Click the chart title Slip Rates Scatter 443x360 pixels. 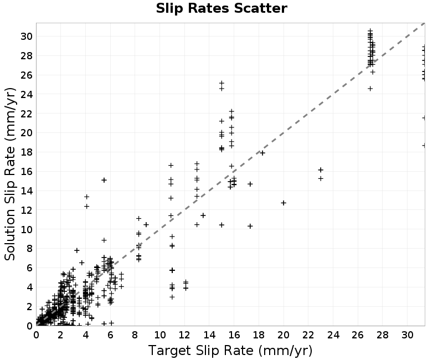(x=221, y=8)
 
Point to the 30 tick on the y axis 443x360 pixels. (x=27, y=37)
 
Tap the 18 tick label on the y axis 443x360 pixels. (x=27, y=152)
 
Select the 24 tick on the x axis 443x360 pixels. (x=333, y=335)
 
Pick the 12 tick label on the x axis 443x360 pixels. (x=184, y=335)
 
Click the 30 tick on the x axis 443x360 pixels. (x=408, y=335)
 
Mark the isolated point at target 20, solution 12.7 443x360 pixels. (x=284, y=203)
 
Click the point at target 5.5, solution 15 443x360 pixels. (x=104, y=180)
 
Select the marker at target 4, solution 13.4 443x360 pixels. (x=87, y=197)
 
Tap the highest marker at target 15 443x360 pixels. (x=222, y=83)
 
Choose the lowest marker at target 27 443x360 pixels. (x=370, y=89)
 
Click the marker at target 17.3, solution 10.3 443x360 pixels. (x=250, y=226)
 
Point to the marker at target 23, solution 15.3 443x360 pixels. (x=321, y=178)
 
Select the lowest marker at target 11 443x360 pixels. (x=172, y=297)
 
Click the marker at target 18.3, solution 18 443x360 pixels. (x=262, y=153)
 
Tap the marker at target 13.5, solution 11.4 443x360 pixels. (x=203, y=215)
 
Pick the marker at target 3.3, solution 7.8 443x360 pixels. (x=76, y=250)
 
